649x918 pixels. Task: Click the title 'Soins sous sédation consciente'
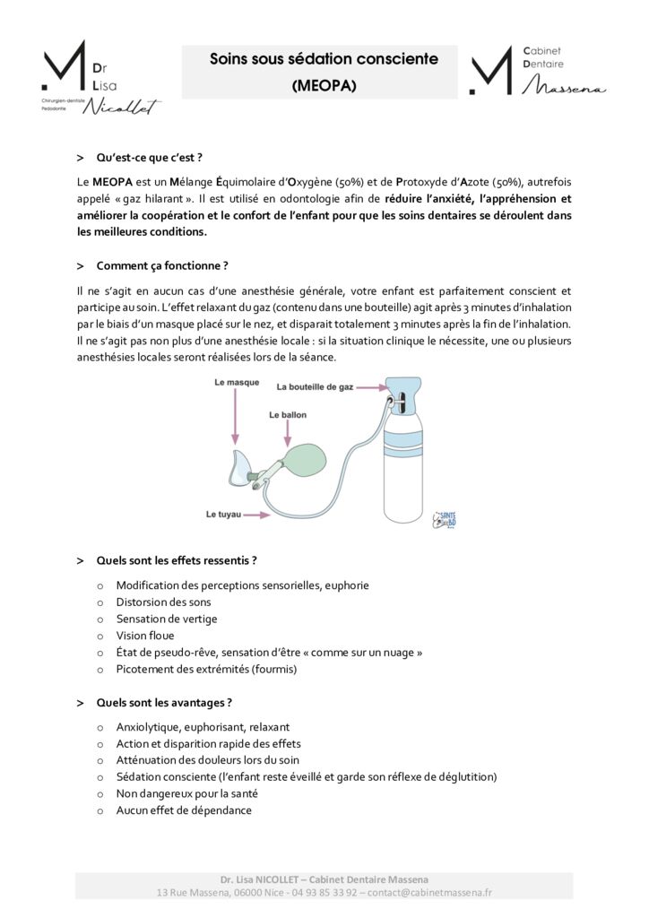[x=324, y=60]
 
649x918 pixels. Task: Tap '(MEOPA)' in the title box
[x=324, y=86]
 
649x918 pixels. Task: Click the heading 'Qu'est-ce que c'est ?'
[x=149, y=158]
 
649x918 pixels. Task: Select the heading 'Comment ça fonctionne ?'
[x=161, y=265]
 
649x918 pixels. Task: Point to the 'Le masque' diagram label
[x=237, y=382]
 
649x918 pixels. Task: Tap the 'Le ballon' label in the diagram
[x=287, y=415]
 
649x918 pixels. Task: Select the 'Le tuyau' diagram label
[x=224, y=515]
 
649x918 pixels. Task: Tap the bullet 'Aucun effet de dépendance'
[x=184, y=810]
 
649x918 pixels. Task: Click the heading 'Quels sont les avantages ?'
[x=164, y=702]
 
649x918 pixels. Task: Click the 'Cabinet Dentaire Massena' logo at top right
[x=537, y=71]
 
